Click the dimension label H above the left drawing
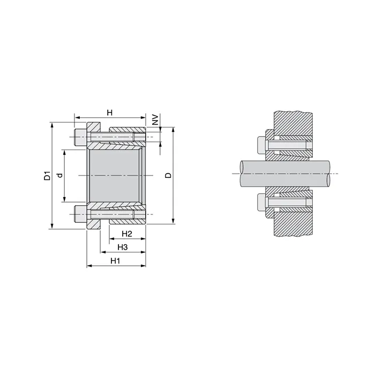tap(109, 112)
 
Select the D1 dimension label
tap(47, 176)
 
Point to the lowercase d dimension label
tap(60, 176)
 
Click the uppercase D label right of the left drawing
tap(168, 176)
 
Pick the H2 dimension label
tap(127, 234)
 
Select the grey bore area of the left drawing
tap(116, 176)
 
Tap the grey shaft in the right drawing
tap(300, 174)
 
